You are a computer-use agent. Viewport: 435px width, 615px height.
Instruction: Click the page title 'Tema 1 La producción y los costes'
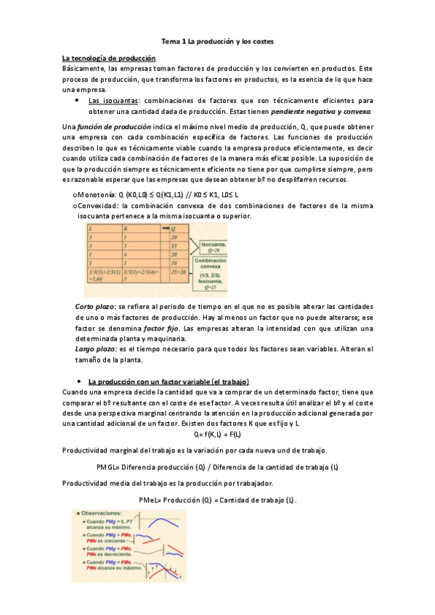pyautogui.click(x=217, y=42)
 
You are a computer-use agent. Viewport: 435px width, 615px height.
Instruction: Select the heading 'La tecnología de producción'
pyautogui.click(x=110, y=58)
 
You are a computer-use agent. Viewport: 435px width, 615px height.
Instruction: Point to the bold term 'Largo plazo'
pyautogui.click(x=94, y=349)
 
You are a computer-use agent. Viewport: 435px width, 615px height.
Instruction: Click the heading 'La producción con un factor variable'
pyautogui.click(x=168, y=381)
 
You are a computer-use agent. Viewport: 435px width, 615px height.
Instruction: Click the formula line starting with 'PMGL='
pyautogui.click(x=218, y=467)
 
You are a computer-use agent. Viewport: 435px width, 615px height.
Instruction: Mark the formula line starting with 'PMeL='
pyautogui.click(x=218, y=500)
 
